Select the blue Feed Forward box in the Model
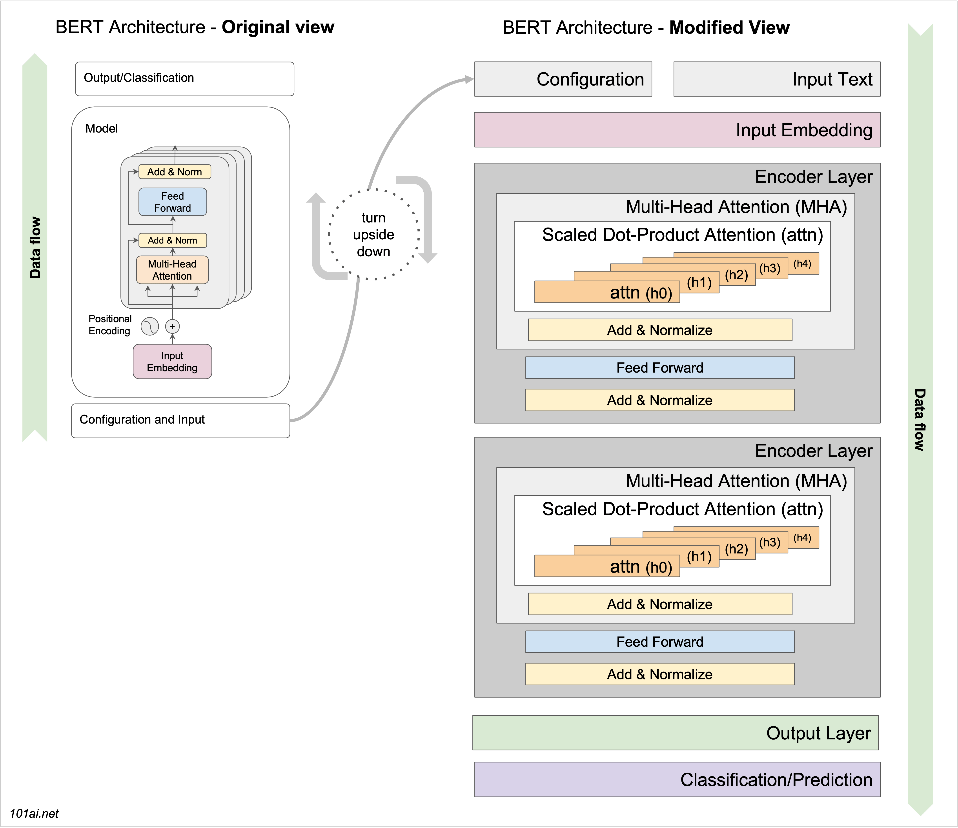173,202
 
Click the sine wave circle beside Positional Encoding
149,326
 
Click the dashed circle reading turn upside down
373,234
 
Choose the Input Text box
777,79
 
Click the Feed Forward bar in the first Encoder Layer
660,368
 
